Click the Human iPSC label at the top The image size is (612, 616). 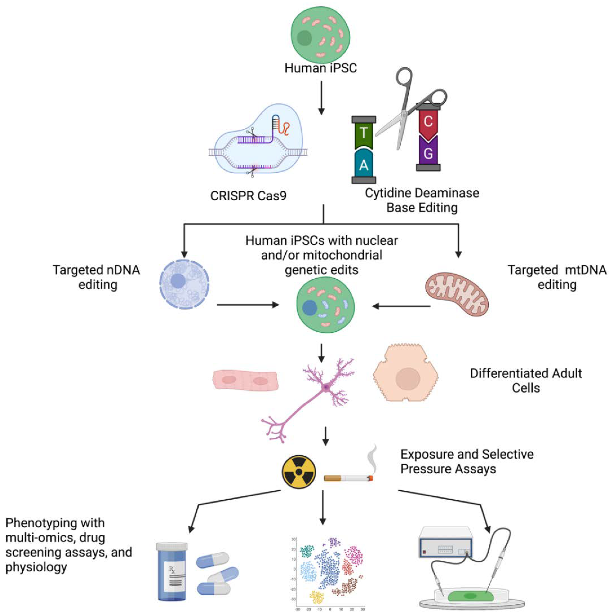(x=321, y=68)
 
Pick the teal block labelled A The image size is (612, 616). (x=364, y=164)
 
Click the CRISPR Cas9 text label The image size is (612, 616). (x=248, y=195)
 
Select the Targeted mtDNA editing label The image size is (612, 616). (x=557, y=277)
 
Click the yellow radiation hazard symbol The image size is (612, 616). (x=299, y=472)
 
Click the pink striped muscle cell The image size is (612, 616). (x=245, y=380)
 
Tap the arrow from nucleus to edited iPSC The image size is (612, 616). (x=248, y=305)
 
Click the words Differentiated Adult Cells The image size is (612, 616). (x=526, y=380)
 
